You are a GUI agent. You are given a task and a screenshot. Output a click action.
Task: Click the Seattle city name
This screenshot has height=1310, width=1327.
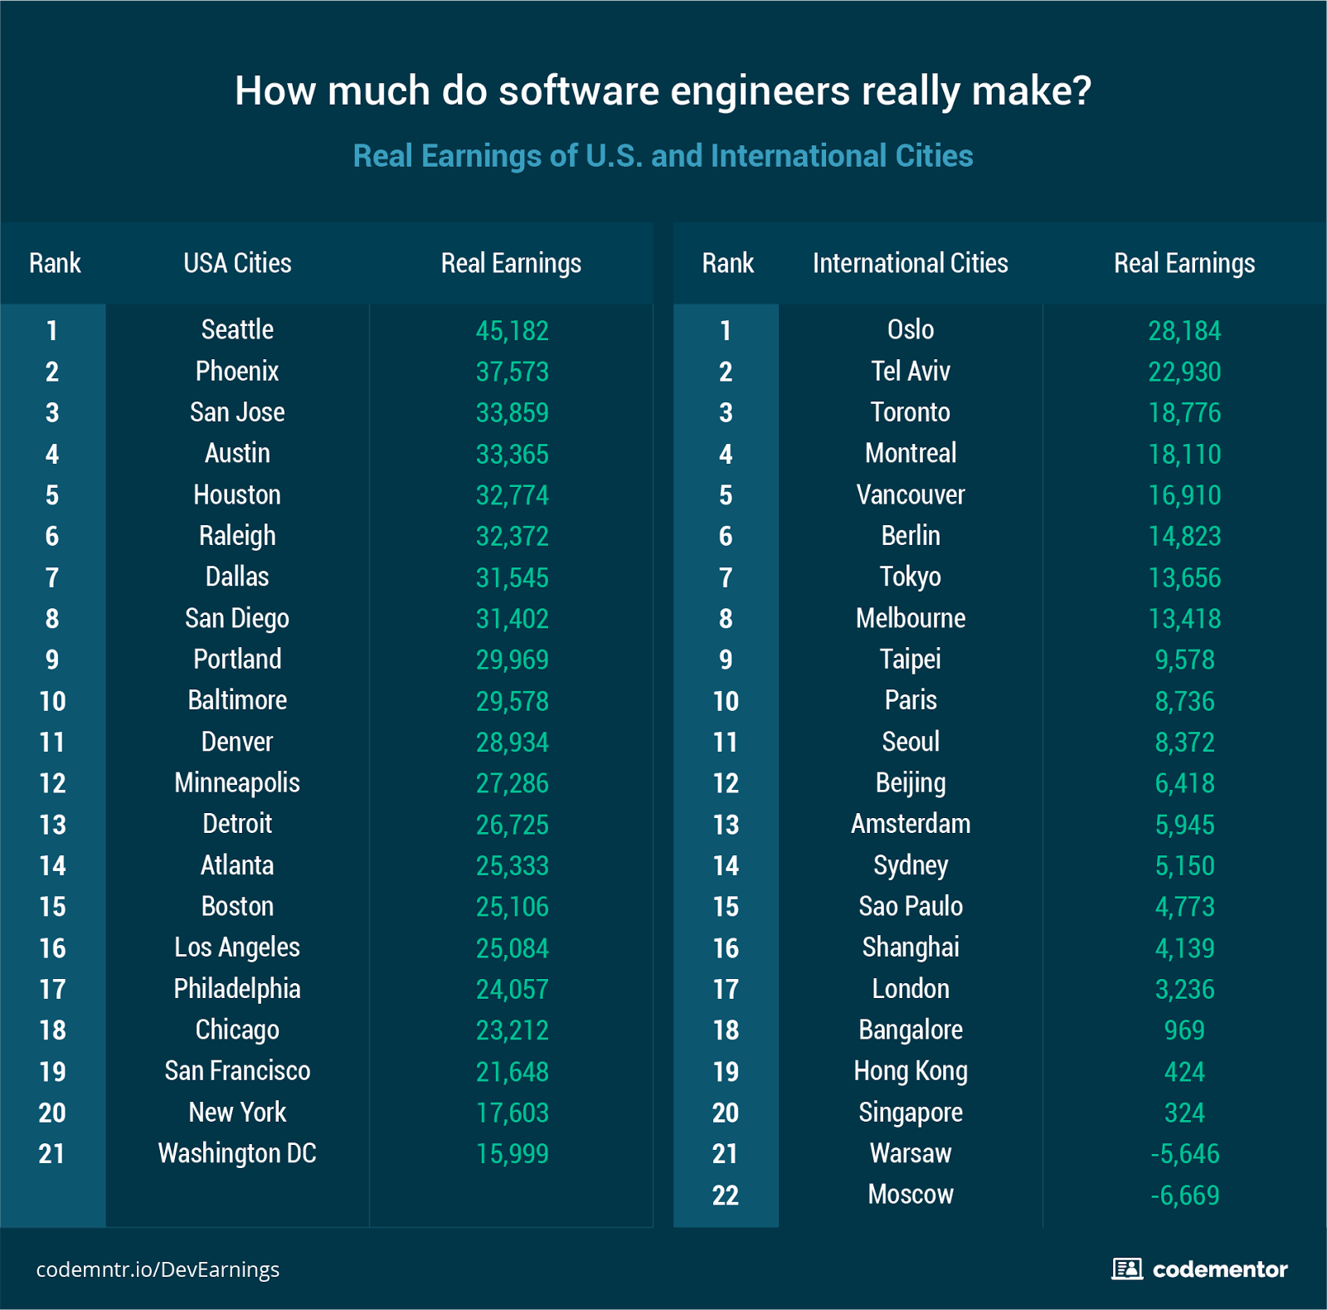(x=237, y=329)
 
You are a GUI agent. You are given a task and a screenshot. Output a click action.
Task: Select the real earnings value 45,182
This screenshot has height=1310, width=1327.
(x=512, y=331)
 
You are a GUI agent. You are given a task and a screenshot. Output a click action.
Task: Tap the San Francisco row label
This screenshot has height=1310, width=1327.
(x=237, y=1071)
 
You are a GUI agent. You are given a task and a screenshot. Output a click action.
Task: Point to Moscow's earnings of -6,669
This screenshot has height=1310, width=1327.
(x=1184, y=1196)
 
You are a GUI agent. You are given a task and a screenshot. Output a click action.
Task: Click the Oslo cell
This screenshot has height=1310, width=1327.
(x=910, y=329)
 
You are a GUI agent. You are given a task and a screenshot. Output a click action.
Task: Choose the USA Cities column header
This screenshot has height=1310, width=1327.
(x=237, y=263)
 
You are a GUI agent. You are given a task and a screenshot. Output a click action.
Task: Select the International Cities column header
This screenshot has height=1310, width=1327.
(x=910, y=263)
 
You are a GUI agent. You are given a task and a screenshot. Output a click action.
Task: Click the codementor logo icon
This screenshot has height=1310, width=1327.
(x=1126, y=1269)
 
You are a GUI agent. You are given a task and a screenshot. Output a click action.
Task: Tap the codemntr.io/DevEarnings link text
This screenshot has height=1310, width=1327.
(x=158, y=1269)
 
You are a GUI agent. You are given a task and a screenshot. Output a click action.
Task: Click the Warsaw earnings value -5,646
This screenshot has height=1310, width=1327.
(x=1184, y=1154)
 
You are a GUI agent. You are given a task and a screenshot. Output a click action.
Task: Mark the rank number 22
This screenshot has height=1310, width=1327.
(x=725, y=1196)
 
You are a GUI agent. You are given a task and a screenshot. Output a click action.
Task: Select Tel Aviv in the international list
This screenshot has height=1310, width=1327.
(x=910, y=371)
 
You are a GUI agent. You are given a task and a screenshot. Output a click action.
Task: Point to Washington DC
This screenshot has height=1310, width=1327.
(x=237, y=1153)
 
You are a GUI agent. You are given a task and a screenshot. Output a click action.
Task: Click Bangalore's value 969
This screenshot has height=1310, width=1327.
(x=1184, y=1030)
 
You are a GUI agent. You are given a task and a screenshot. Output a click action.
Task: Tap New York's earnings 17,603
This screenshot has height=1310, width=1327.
(x=512, y=1113)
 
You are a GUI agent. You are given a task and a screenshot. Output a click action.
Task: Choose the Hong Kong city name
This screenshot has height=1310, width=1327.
(x=910, y=1071)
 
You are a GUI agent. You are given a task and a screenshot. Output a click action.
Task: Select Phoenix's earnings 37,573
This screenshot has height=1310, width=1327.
(x=512, y=372)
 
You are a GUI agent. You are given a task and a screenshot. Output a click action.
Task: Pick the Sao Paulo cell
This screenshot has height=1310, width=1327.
(x=910, y=906)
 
